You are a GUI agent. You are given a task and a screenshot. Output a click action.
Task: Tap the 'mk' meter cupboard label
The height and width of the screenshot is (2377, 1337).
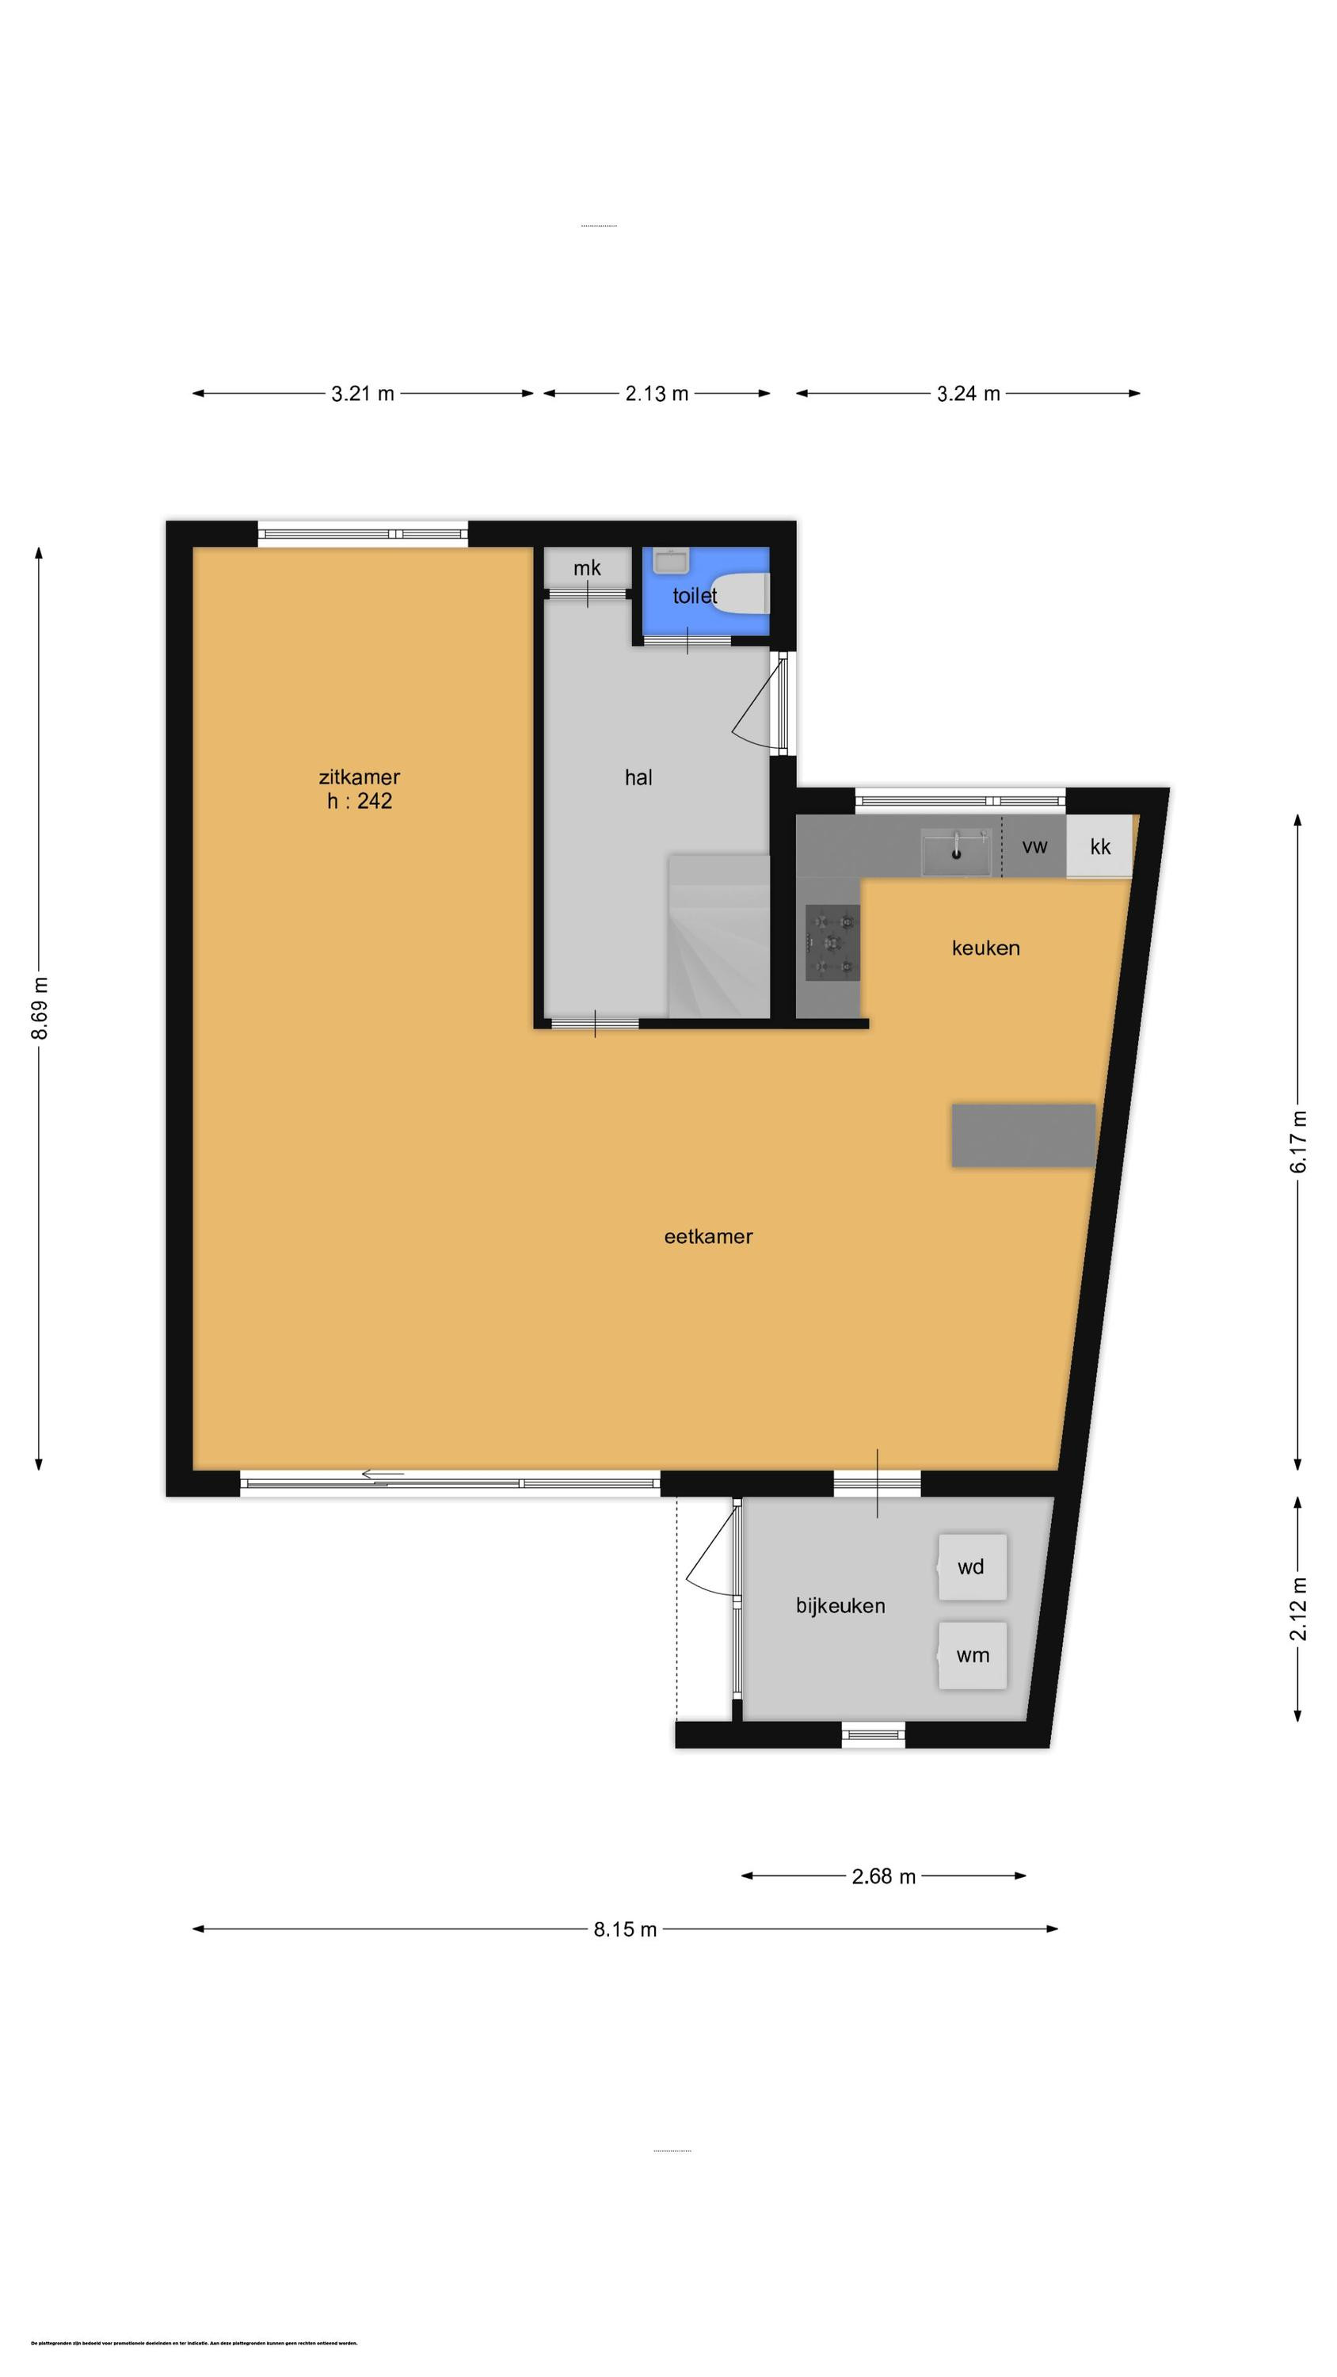(587, 567)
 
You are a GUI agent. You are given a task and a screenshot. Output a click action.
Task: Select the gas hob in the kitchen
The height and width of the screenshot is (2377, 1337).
(832, 942)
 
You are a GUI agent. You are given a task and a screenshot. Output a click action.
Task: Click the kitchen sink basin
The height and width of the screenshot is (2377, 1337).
(957, 851)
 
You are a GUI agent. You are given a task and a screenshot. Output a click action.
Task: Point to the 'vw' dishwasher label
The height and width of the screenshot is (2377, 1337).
(1034, 846)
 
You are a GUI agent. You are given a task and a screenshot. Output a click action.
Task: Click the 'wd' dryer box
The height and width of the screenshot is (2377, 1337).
(972, 1566)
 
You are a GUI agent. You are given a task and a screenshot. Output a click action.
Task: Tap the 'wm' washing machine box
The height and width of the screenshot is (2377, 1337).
(972, 1655)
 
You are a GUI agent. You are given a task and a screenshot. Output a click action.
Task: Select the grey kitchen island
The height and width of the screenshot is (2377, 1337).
(1023, 1135)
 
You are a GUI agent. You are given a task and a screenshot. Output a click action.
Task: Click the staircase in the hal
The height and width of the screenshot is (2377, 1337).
(718, 937)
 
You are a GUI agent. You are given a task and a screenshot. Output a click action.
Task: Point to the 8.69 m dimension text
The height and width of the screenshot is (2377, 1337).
(40, 1008)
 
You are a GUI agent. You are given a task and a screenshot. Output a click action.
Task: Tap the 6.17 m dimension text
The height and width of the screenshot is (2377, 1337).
(1298, 1142)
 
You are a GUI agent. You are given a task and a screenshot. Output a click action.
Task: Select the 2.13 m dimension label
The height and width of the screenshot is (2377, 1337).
(656, 394)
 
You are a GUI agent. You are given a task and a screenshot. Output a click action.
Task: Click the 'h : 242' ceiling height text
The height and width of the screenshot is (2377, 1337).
(359, 801)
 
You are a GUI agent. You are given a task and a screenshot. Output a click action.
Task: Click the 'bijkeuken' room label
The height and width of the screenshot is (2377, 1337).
(840, 1605)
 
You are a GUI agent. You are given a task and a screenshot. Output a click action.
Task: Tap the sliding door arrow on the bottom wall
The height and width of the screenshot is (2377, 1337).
(382, 1474)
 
